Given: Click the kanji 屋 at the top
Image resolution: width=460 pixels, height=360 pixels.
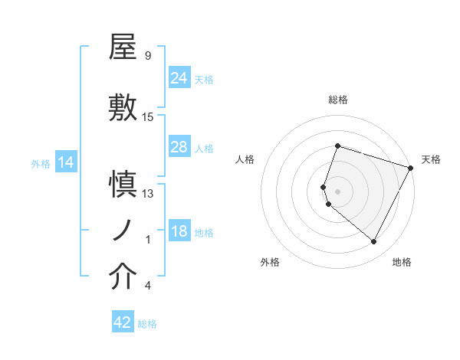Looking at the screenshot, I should (x=123, y=47).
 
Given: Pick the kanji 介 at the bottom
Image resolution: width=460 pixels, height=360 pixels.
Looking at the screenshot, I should (x=123, y=277).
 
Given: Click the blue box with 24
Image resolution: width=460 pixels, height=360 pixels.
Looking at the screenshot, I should (x=179, y=77).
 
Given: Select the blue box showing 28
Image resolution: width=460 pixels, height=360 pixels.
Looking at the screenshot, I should (x=179, y=147).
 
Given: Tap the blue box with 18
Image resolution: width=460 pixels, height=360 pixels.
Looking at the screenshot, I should (x=179, y=231).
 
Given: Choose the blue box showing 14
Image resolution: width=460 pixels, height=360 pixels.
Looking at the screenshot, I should (x=66, y=162).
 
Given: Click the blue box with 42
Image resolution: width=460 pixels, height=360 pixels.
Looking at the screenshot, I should (x=123, y=322).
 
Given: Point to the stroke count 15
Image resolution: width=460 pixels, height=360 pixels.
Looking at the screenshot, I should (x=148, y=117).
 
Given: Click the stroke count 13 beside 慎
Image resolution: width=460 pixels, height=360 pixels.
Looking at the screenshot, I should (x=148, y=194).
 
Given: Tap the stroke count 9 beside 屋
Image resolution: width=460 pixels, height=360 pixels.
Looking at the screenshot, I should (x=147, y=56).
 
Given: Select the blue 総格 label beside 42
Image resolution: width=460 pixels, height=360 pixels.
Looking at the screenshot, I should (x=147, y=324).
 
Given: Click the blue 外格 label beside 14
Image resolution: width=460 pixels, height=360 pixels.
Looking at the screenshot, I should (x=41, y=164).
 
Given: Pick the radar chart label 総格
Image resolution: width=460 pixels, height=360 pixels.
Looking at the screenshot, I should (x=337, y=100).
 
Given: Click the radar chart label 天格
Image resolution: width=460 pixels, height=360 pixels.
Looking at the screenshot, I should (x=431, y=159).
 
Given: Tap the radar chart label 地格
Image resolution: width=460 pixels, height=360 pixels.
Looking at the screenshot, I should (x=402, y=263).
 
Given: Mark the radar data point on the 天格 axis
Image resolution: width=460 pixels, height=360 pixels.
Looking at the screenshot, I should (x=410, y=168).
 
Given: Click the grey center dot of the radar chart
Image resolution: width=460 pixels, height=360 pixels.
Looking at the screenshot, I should (x=337, y=190).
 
